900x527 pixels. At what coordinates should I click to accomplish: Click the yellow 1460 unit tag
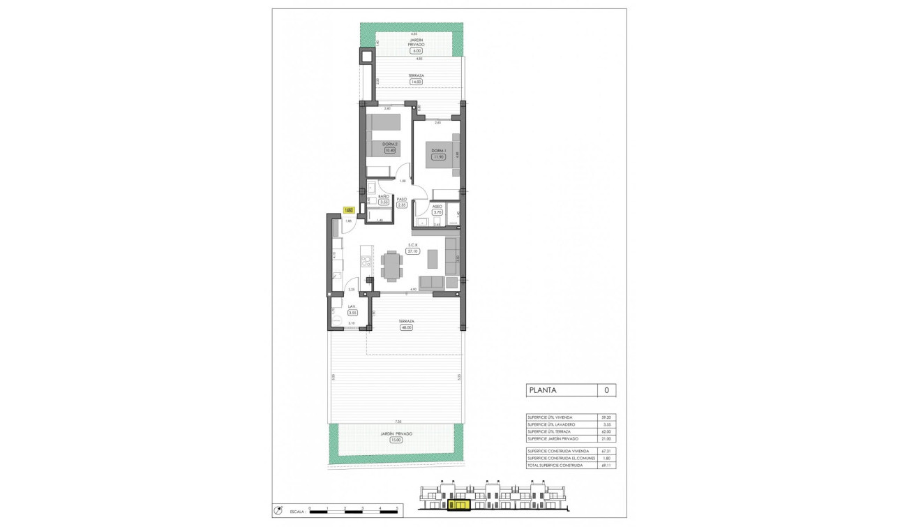(x=349, y=209)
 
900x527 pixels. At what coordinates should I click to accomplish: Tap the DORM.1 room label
(x=438, y=151)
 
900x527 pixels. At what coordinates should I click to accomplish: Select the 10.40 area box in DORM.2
(x=389, y=150)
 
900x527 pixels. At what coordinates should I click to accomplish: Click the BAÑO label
(x=383, y=197)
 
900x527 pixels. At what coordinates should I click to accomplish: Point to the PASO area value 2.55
(x=402, y=205)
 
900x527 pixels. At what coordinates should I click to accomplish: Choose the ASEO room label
(x=437, y=207)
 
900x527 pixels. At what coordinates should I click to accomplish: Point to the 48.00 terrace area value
(x=407, y=327)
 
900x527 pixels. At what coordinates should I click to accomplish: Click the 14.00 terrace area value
(x=417, y=82)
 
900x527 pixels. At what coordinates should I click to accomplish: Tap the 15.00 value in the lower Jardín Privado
(x=396, y=440)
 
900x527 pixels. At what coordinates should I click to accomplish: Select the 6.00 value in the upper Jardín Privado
(x=417, y=51)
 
